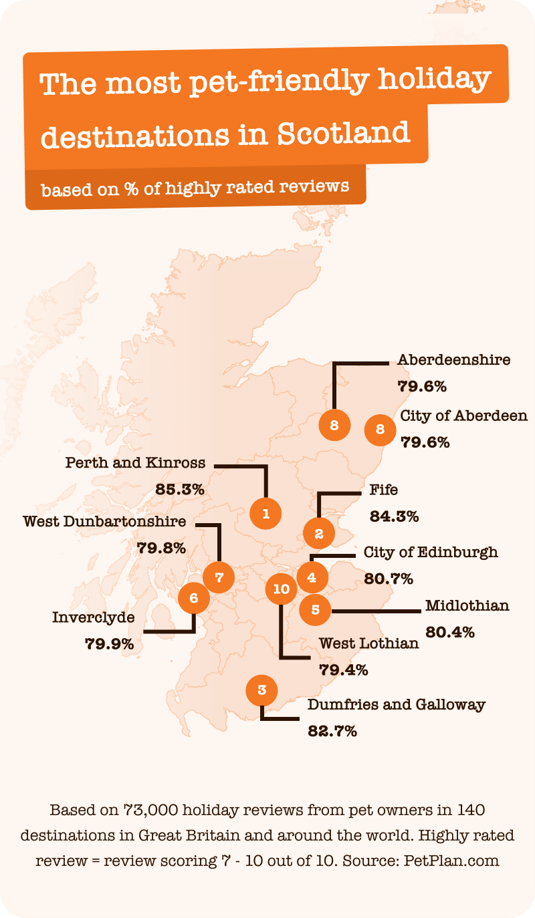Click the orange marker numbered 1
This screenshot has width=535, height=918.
pyautogui.click(x=265, y=514)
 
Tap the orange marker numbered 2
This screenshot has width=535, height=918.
pyautogui.click(x=318, y=534)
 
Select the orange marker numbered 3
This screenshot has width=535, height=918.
pyautogui.click(x=261, y=690)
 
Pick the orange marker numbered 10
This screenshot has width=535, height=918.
pyautogui.click(x=282, y=589)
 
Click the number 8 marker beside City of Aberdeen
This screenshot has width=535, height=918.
pyautogui.click(x=381, y=430)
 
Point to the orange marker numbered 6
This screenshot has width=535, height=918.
pyautogui.click(x=194, y=598)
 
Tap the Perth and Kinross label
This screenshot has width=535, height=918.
pyautogui.click(x=135, y=463)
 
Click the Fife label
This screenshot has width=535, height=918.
pyautogui.click(x=384, y=490)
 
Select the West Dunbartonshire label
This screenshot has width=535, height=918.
pyautogui.click(x=104, y=521)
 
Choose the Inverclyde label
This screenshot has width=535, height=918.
pyautogui.click(x=93, y=617)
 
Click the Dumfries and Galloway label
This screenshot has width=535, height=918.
pyautogui.click(x=397, y=704)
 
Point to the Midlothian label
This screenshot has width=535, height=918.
pyautogui.click(x=467, y=605)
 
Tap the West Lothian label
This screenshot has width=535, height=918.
pyautogui.click(x=369, y=643)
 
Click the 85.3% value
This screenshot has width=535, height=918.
pyautogui.click(x=179, y=490)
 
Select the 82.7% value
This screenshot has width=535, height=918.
pyautogui.click(x=332, y=731)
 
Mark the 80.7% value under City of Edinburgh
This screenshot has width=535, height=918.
pyautogui.click(x=389, y=579)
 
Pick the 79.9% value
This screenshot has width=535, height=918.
pyautogui.click(x=110, y=644)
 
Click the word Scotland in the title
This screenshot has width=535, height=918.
pyautogui.click(x=343, y=133)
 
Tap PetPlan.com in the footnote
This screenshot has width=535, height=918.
pyautogui.click(x=451, y=860)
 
